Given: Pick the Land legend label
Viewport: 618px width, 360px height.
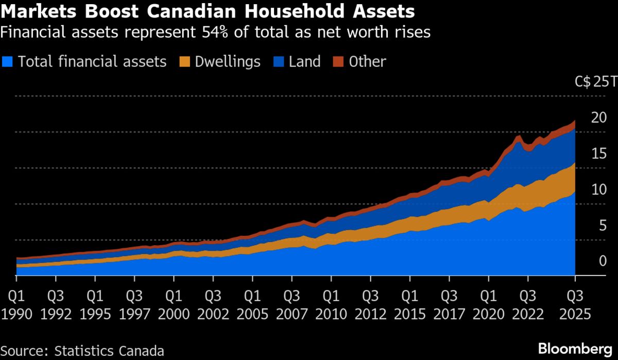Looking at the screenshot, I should pyautogui.click(x=304, y=62).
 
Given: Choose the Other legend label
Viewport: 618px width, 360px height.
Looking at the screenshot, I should pyautogui.click(x=367, y=62).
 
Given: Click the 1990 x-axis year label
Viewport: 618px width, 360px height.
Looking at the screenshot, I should pyautogui.click(x=17, y=314).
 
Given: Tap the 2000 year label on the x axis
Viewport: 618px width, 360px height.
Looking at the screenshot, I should pyautogui.click(x=174, y=314).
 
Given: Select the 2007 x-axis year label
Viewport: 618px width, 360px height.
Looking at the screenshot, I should pyautogui.click(x=291, y=314).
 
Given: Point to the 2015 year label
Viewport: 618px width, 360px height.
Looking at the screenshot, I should pyautogui.click(x=409, y=314).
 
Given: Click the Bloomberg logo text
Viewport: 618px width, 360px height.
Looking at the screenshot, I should pyautogui.click(x=574, y=348).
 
